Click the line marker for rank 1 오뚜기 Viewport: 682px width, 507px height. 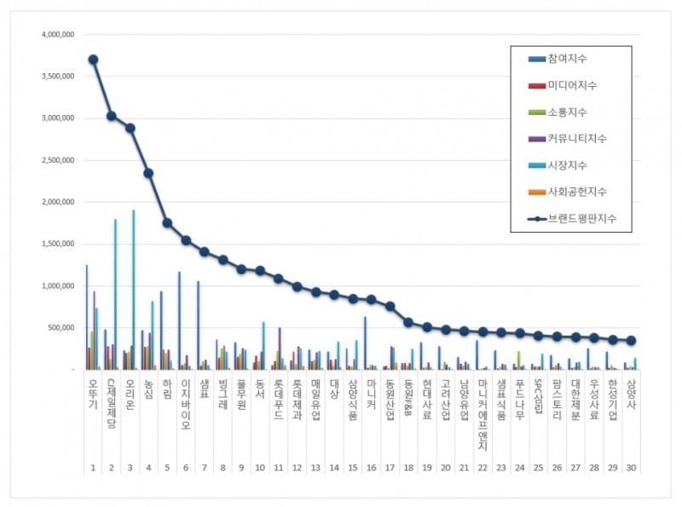point(93,60)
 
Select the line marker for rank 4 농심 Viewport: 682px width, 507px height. point(148,173)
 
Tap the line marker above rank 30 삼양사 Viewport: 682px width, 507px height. point(631,340)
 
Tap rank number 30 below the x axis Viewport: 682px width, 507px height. point(631,468)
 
